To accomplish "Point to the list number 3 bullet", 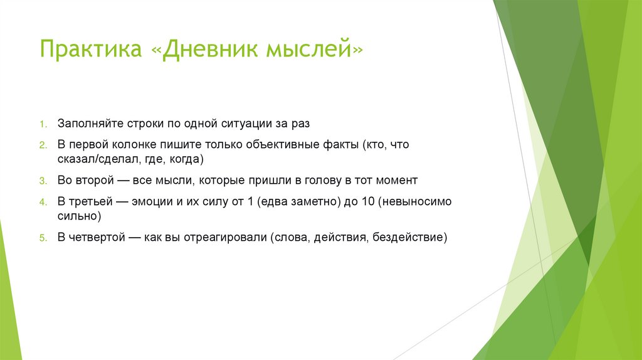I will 43,181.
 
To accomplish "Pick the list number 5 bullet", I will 43,238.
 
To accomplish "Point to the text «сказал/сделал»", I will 92,159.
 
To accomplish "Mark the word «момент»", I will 396,180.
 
